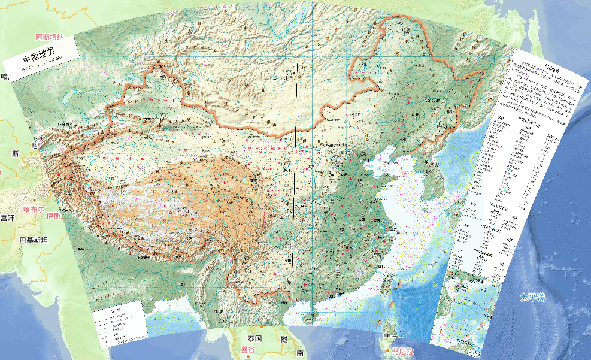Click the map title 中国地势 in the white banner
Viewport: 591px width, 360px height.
pos(38,59)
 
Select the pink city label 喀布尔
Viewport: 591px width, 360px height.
pos(34,209)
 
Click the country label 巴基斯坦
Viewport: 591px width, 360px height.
pos(34,240)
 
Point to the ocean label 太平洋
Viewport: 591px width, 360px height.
pos(532,297)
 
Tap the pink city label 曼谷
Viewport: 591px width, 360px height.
pos(248,349)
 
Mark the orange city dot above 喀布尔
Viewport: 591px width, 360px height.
pos(35,200)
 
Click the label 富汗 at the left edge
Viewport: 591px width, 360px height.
pos(7,218)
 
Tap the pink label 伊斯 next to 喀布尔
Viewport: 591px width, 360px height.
pos(53,216)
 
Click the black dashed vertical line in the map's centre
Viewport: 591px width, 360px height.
pos(296,180)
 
